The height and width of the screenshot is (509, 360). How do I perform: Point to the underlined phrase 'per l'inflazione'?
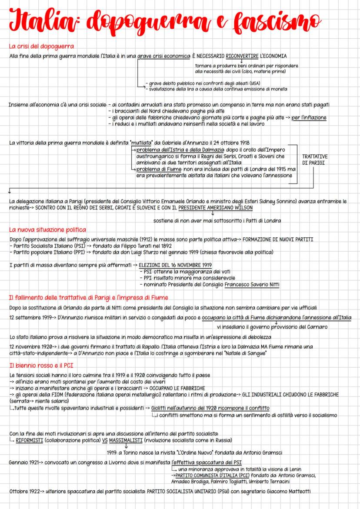[x=309, y=117]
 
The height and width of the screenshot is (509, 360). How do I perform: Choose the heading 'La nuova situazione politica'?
[x=47, y=230]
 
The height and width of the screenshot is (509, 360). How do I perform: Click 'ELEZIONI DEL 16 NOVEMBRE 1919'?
[x=175, y=265]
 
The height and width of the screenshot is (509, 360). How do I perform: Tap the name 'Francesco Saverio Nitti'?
[x=252, y=285]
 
